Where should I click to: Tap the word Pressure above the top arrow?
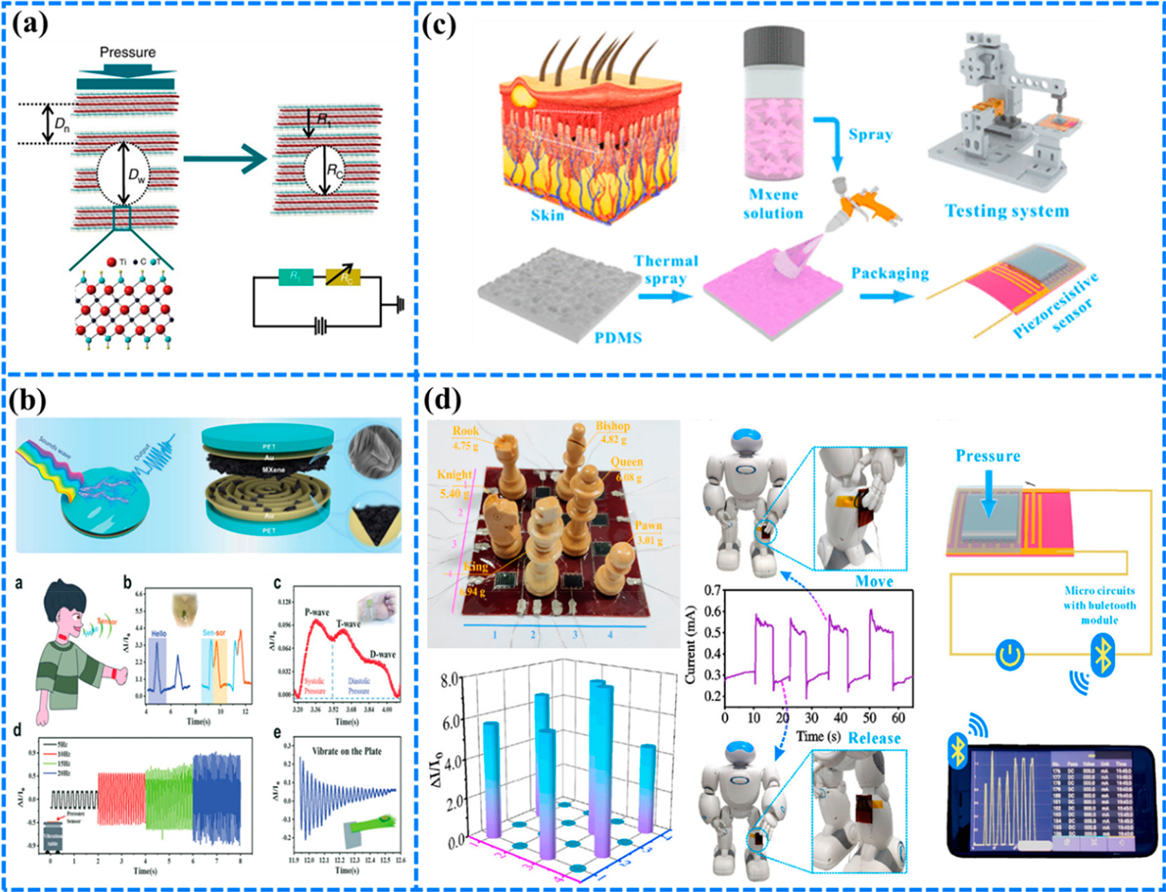[x=127, y=52]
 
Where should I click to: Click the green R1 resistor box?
[x=295, y=277]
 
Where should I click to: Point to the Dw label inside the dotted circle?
[x=136, y=176]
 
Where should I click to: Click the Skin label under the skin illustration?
[x=548, y=215]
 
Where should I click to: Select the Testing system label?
[x=1007, y=211]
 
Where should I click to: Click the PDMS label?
[x=618, y=338]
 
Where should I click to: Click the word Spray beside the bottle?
[x=871, y=134]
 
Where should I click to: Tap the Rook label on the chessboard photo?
[x=466, y=431]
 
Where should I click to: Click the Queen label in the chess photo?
[x=626, y=462]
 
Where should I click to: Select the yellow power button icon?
[x=1010, y=654]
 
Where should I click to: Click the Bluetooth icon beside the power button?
[x=1103, y=654]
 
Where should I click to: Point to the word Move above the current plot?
[x=874, y=581]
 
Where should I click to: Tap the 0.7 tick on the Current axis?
[x=713, y=590]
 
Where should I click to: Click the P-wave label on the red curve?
[x=317, y=612]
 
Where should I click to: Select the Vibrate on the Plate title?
[x=346, y=751]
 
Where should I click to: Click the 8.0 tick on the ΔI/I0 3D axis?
[x=450, y=680]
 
